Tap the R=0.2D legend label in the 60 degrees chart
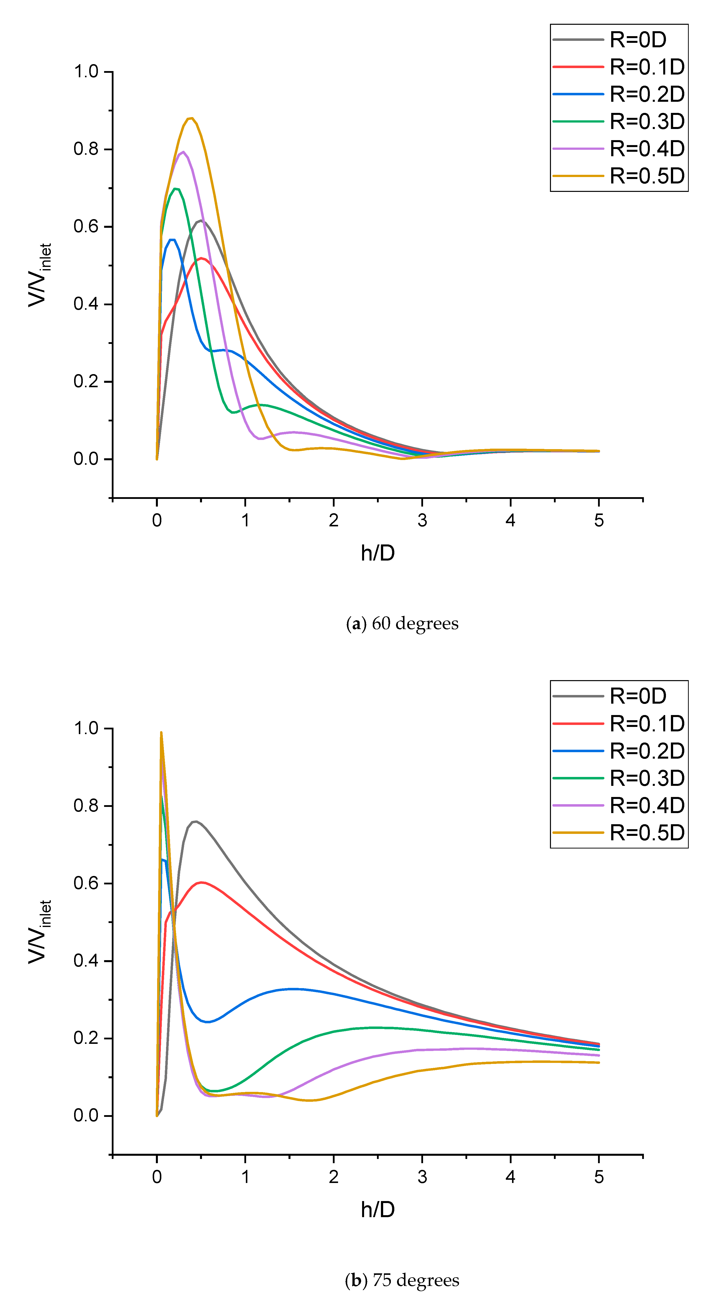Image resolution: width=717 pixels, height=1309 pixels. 647,94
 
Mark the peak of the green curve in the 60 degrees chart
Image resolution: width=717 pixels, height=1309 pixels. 175,188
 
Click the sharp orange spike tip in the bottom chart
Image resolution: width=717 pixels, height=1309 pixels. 161,732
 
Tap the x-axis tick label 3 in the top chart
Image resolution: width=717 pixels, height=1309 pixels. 422,520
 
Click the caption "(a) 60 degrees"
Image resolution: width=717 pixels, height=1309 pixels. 402,623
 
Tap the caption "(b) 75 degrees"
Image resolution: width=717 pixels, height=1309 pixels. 402,1280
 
